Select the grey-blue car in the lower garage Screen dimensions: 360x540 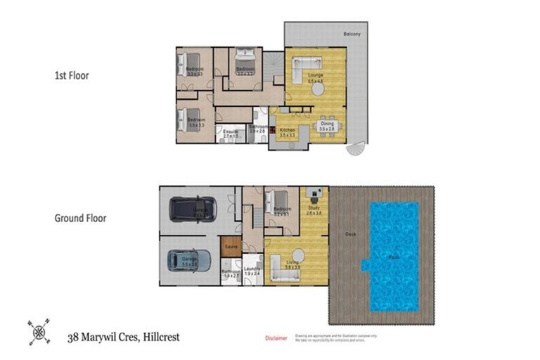pos(188,261)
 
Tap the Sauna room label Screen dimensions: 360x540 pos(230,247)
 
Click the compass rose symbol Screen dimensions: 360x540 pos(38,330)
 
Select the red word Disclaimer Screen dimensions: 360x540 pos(276,338)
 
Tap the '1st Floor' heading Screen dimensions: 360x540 pos(72,75)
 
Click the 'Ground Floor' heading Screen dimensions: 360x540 pos(80,218)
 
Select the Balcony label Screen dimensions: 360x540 pos(352,34)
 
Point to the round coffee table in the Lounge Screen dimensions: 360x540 pos(318,89)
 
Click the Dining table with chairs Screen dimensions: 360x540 pos(326,127)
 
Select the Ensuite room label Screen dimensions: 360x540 pos(231,131)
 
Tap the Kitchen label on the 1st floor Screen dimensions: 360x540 pos(287,131)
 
